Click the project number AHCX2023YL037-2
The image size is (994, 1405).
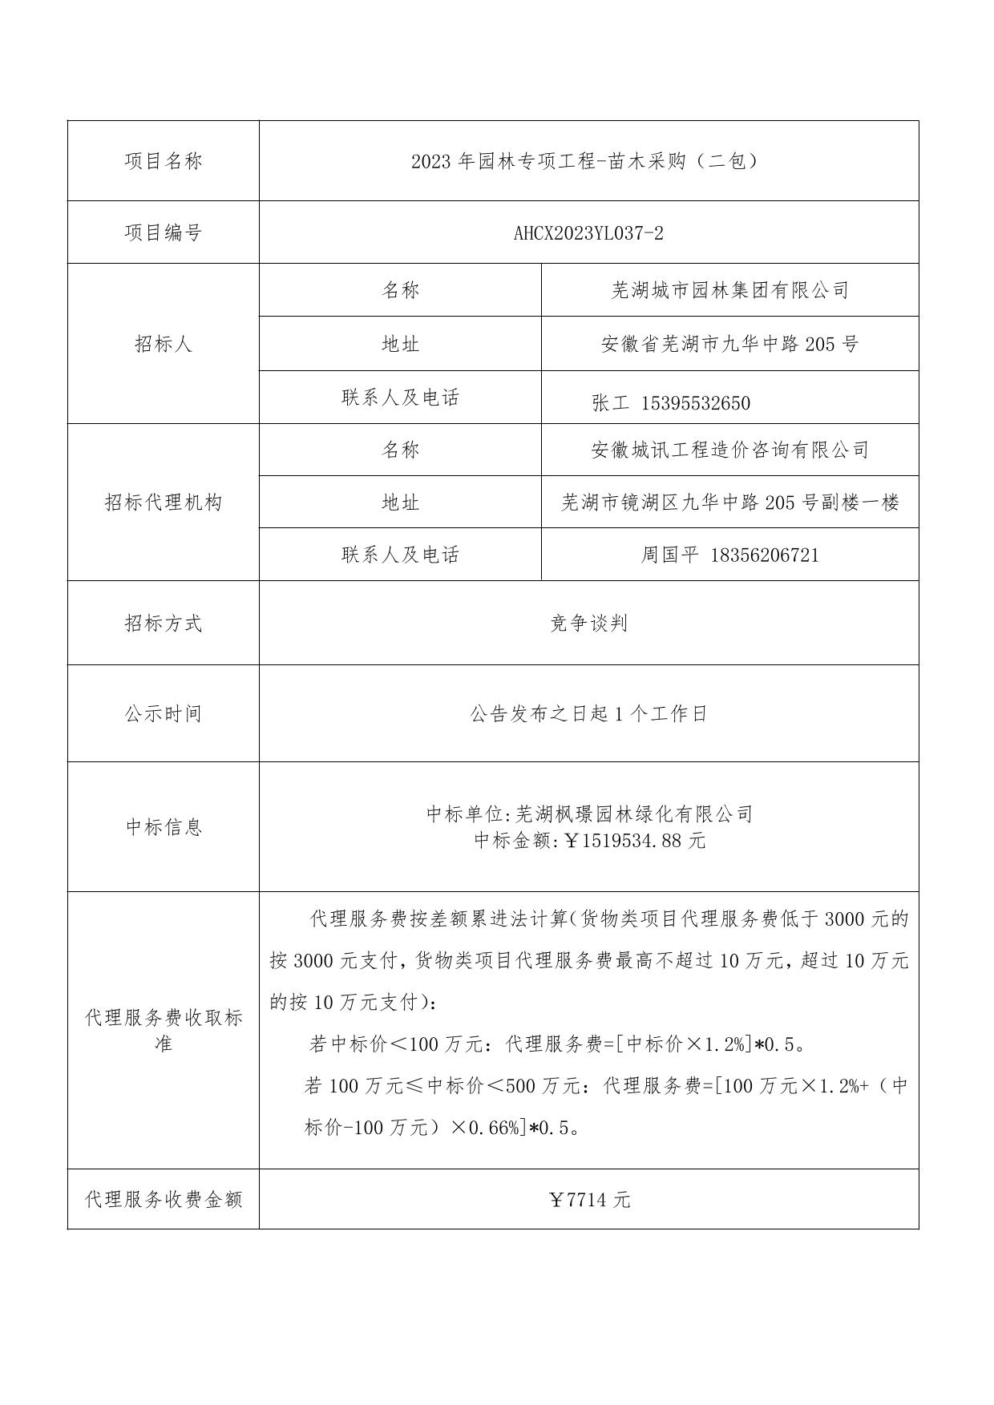coord(588,233)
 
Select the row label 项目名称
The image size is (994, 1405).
coord(164,161)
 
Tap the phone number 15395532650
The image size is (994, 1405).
coord(696,403)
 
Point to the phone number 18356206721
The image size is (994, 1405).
coord(765,555)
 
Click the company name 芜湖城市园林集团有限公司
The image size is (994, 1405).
coord(729,290)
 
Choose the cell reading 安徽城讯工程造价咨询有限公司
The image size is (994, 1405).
coord(729,450)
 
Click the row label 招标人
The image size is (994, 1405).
coord(164,344)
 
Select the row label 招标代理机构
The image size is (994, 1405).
coord(164,503)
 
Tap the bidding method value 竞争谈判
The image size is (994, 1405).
coord(588,624)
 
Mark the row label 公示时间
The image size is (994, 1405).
coord(164,714)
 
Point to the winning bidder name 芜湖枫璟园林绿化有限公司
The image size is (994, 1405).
coord(633,814)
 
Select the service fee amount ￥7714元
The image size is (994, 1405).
coord(589,1200)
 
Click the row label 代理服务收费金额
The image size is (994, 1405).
coord(164,1200)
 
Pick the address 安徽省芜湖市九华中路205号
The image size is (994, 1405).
coord(729,345)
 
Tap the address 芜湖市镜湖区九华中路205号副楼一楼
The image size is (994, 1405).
coord(729,503)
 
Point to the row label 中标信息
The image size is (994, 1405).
coord(164,827)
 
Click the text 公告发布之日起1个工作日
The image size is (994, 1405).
coord(588,714)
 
